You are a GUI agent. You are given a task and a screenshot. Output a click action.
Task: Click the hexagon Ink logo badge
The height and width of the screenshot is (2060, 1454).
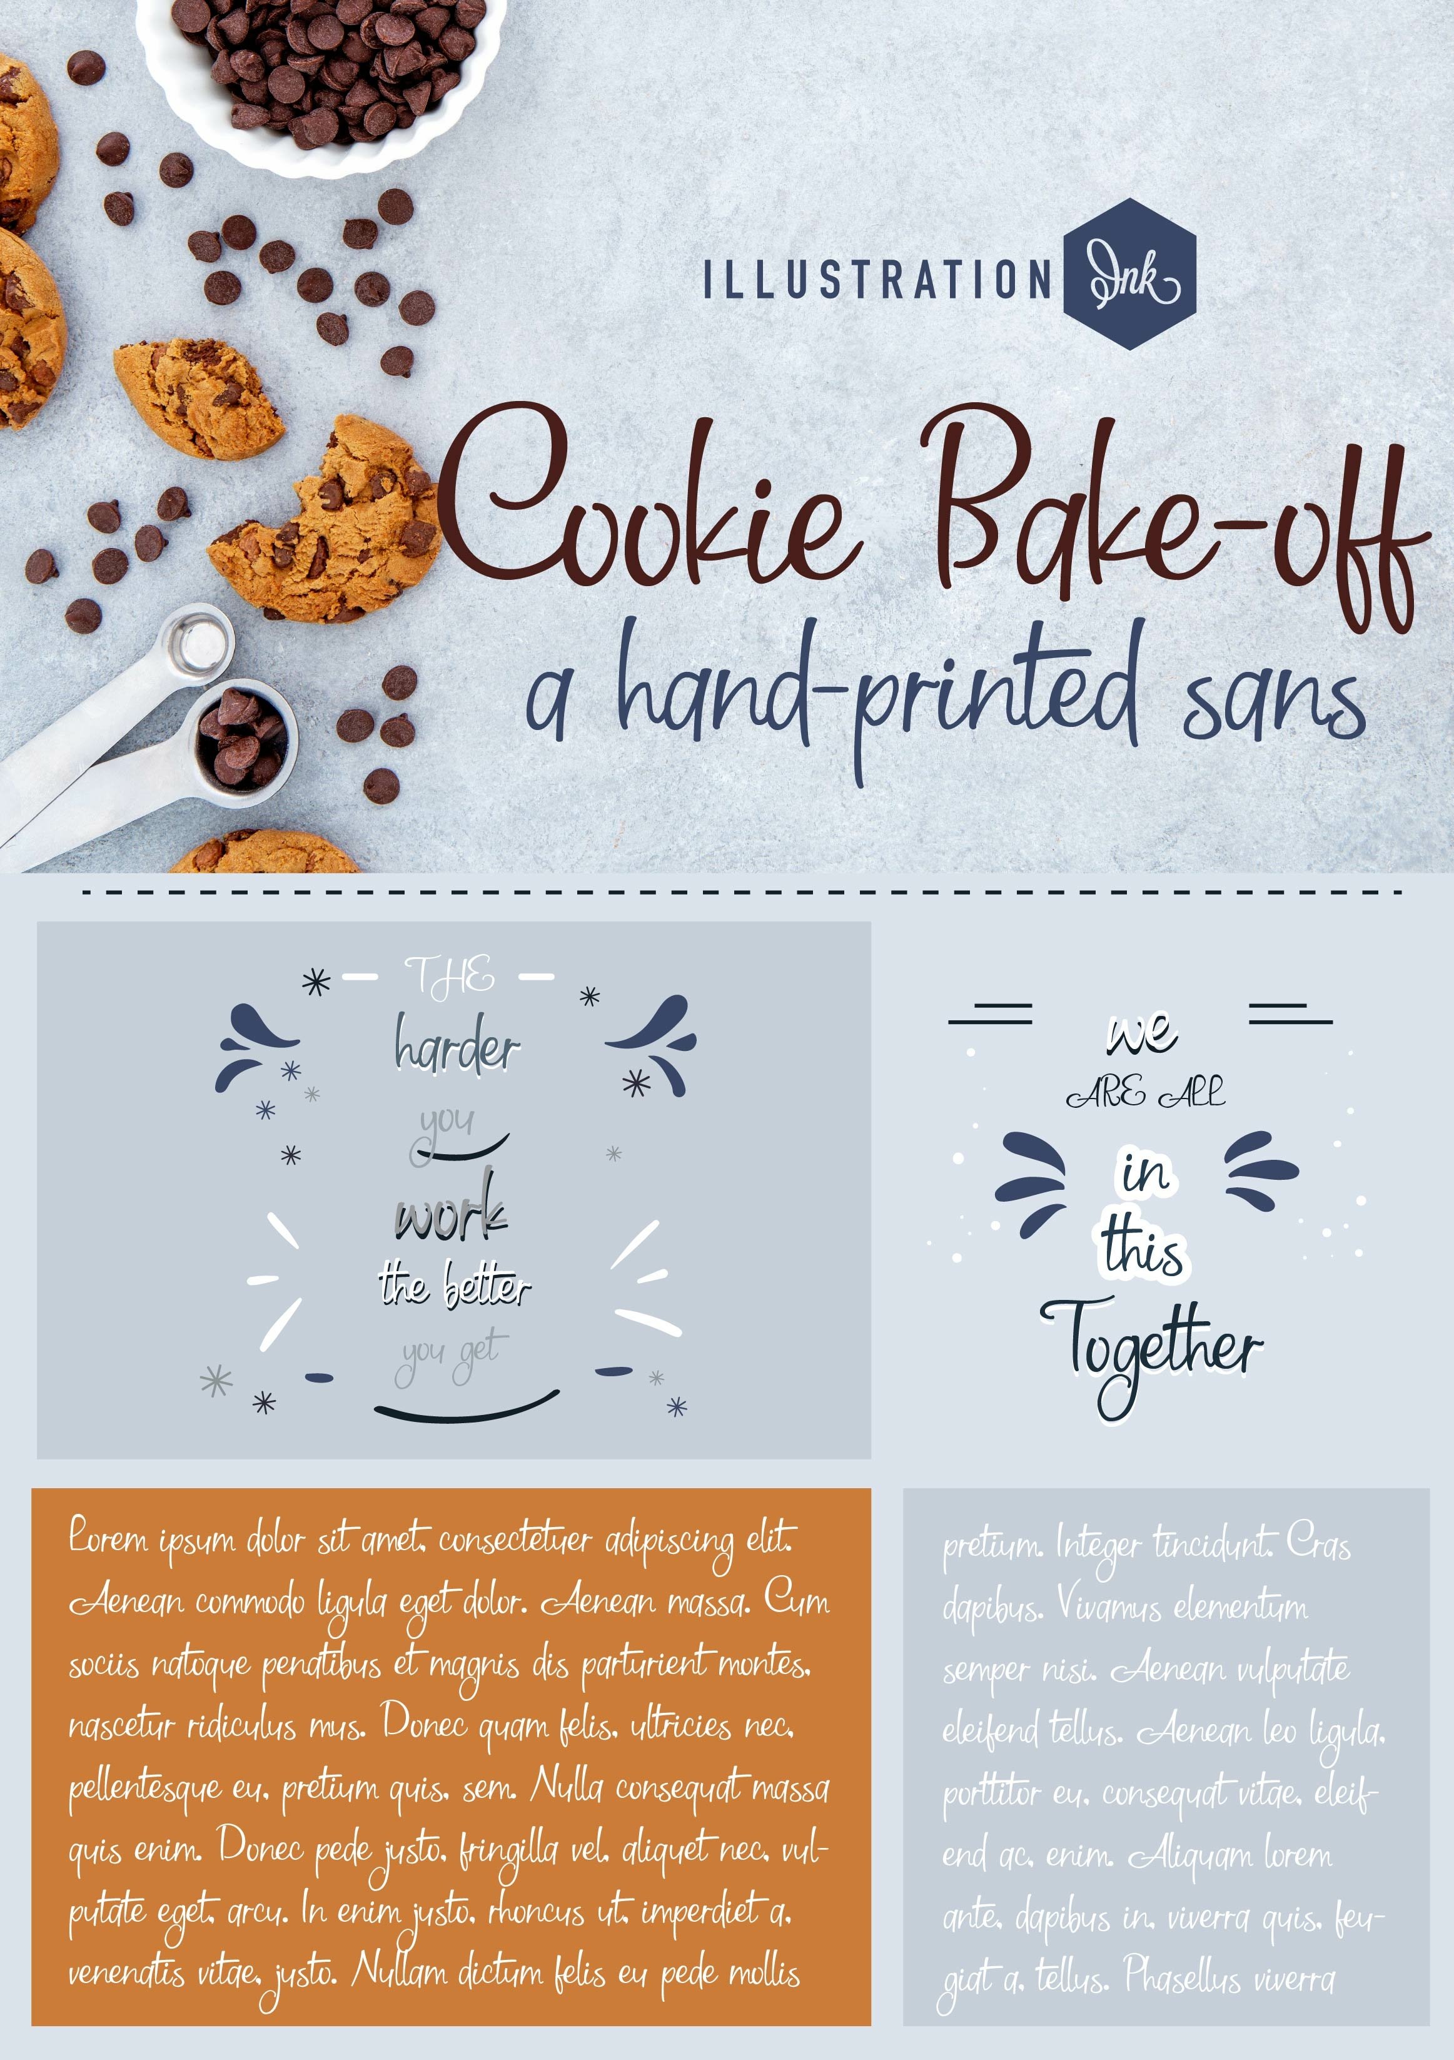click(1129, 275)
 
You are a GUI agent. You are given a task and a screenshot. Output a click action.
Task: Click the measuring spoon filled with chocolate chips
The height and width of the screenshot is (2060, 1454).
click(242, 731)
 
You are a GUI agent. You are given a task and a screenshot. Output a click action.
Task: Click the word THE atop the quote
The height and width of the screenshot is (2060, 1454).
click(448, 975)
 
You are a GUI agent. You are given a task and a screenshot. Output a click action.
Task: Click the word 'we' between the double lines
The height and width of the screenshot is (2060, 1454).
click(1141, 1033)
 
